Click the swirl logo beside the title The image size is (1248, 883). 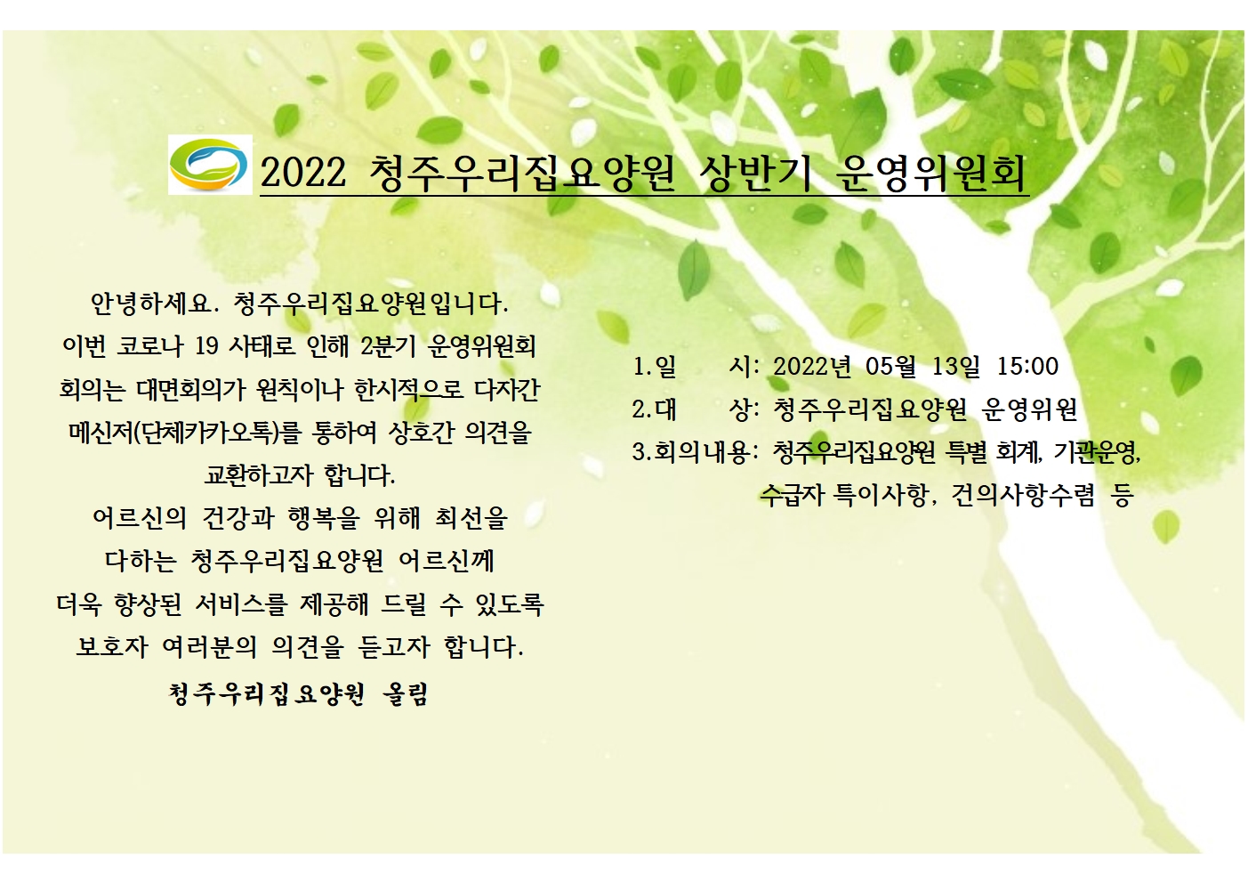[210, 165]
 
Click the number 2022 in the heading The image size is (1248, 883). [303, 173]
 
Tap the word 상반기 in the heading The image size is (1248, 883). [755, 173]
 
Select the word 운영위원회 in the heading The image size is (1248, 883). [930, 173]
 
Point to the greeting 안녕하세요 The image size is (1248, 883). [151, 304]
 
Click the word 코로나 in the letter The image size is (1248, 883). [149, 347]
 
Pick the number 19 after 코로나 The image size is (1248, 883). [206, 347]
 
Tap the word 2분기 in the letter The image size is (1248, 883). [388, 347]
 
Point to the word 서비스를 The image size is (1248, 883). [241, 604]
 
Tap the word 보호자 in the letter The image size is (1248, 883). [112, 647]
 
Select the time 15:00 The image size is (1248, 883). [1027, 366]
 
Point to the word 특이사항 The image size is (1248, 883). [880, 494]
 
